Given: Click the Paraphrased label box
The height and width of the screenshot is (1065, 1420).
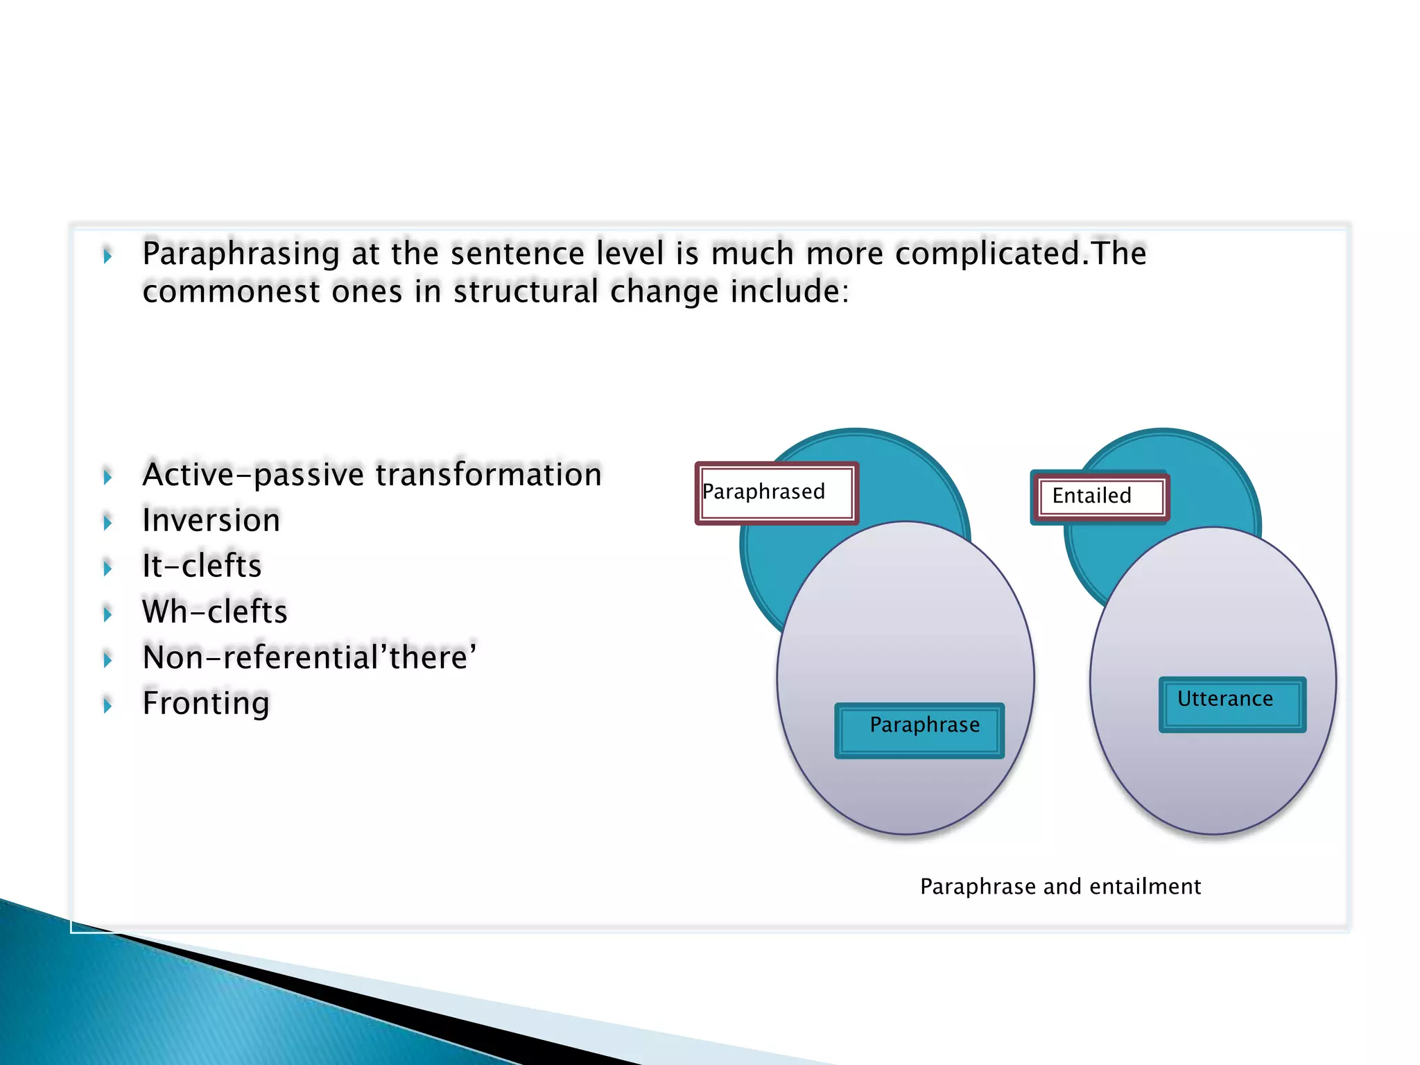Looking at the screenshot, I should pos(777,493).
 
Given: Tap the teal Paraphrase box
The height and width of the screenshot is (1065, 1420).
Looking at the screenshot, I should pos(919,730).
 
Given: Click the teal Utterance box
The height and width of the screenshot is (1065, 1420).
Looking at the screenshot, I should pos(1232,704).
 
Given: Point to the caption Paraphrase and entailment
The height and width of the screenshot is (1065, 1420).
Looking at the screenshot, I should pos(1059,886).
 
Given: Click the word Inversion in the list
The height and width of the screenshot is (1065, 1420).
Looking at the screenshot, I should pos(211,520).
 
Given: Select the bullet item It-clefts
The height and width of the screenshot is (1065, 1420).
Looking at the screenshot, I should pos(202,566).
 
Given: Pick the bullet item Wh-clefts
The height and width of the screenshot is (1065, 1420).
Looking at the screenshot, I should pos(214,612).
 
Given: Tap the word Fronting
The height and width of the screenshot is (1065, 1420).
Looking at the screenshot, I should pos(206,703).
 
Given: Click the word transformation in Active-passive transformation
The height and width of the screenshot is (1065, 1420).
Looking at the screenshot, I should pos(488,475).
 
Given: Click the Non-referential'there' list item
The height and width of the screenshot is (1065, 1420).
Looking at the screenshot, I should pos(309,657).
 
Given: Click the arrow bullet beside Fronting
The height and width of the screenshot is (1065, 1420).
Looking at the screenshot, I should pos(107,706).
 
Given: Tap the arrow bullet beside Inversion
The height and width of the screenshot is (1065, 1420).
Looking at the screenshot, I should pos(107,523).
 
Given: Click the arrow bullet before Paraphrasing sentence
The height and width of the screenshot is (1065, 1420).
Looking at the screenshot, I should pos(107,257).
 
